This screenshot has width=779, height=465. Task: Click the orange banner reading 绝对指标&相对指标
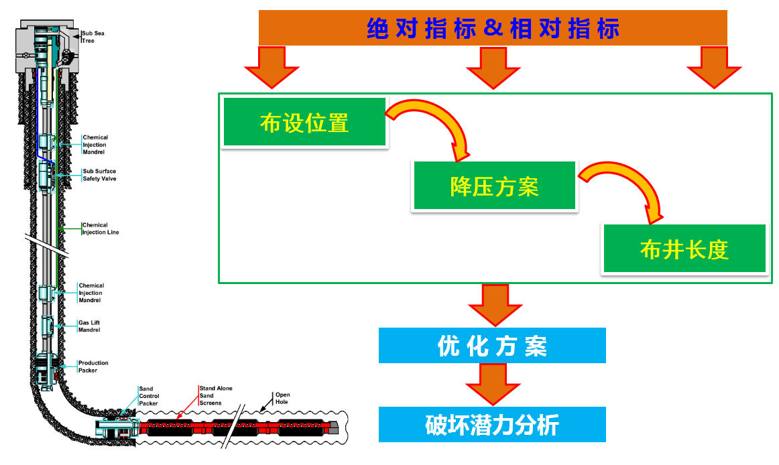tap(493, 28)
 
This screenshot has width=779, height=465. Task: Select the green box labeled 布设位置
tap(304, 122)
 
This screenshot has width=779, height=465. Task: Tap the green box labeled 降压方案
tap(494, 186)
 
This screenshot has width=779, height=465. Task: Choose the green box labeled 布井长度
tap(684, 249)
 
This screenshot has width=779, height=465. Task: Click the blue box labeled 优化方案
tap(492, 346)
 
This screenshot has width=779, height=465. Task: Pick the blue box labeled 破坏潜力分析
tap(492, 425)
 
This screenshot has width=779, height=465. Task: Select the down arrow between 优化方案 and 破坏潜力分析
tap(493, 383)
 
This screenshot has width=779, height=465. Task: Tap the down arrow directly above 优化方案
tap(495, 304)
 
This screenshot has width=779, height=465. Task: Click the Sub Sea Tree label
tap(93, 36)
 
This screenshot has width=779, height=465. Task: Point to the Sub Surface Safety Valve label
tap(99, 175)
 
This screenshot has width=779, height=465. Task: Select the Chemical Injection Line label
tap(100, 228)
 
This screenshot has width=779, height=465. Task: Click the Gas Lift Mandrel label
tap(89, 326)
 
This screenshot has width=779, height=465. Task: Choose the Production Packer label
tap(93, 367)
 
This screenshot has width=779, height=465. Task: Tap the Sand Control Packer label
tap(148, 395)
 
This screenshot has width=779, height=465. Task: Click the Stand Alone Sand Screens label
tap(215, 395)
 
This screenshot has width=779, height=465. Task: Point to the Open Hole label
tap(282, 398)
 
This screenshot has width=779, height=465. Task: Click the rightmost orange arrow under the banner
tap(713, 67)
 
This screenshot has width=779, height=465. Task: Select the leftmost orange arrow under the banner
tap(271, 67)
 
